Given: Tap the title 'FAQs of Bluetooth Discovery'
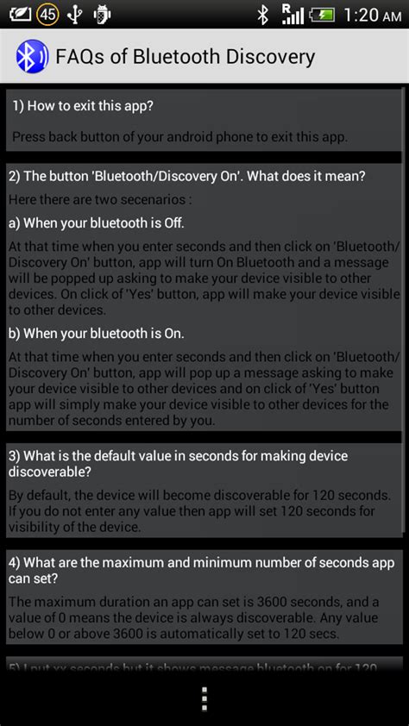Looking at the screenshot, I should tap(185, 58).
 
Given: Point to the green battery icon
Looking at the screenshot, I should tap(321, 14).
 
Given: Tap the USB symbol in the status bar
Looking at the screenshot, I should tap(74, 14).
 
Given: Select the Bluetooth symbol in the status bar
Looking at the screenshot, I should tap(263, 14).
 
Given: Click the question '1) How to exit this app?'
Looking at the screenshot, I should tap(83, 106).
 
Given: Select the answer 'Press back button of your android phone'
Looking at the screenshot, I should tap(179, 135).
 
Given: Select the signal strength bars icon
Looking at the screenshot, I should tap(293, 14).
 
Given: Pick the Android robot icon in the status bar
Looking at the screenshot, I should tap(103, 14).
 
